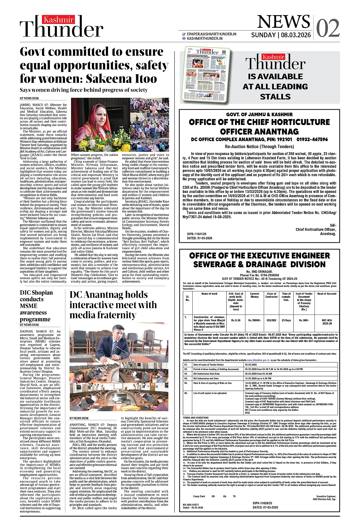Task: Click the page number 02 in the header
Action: (x=327, y=27)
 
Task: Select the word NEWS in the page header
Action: (x=283, y=22)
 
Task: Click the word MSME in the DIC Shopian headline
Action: (x=28, y=306)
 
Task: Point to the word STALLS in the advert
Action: (x=275, y=97)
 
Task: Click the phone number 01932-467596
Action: (x=312, y=139)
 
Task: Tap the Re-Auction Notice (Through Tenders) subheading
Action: (x=259, y=147)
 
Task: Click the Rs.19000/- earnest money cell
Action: (x=255, y=320)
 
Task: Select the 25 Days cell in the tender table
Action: (x=286, y=320)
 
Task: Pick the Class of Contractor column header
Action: (x=271, y=295)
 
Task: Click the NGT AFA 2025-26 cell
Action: (x=327, y=322)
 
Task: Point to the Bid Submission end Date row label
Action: (x=206, y=378)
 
